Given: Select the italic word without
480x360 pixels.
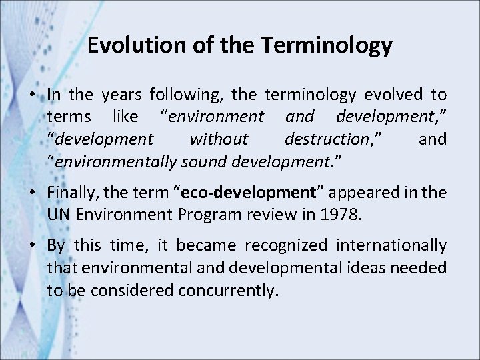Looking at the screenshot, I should click(x=219, y=139).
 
